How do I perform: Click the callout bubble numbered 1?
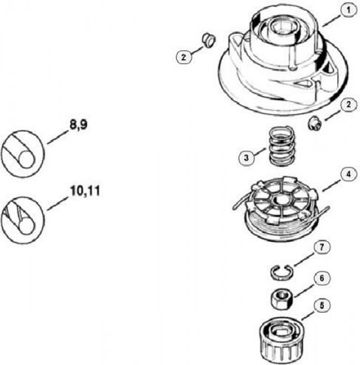pyautogui.click(x=348, y=11)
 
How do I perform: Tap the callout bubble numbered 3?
pyautogui.click(x=246, y=158)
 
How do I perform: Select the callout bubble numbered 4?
pyautogui.click(x=348, y=175)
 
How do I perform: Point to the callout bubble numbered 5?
pyautogui.click(x=322, y=306)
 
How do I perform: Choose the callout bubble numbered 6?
pyautogui.click(x=322, y=279)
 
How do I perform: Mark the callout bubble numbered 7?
pyautogui.click(x=322, y=248)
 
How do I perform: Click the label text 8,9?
pyautogui.click(x=78, y=125)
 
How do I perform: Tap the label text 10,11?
pyautogui.click(x=85, y=191)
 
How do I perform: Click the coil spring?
pyautogui.click(x=282, y=146)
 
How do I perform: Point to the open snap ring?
pyautogui.click(x=282, y=272)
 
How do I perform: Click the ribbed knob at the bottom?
pyautogui.click(x=282, y=339)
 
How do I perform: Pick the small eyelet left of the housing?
pyautogui.click(x=209, y=41)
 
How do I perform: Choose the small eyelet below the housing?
pyautogui.click(x=315, y=123)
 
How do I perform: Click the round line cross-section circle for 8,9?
pyautogui.click(x=22, y=154)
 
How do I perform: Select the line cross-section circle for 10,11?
pyautogui.click(x=22, y=220)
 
